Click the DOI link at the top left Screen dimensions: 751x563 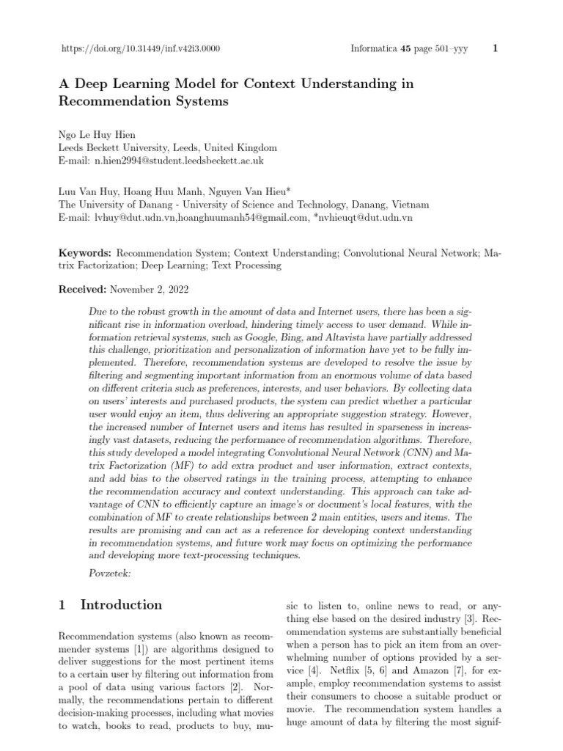(x=139, y=49)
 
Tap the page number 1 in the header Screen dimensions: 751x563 (x=496, y=49)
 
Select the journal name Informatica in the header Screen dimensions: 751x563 (x=371, y=49)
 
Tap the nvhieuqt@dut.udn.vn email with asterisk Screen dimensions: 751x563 (x=362, y=218)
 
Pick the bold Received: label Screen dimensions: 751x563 (x=83, y=289)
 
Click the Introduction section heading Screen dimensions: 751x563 (x=121, y=605)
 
